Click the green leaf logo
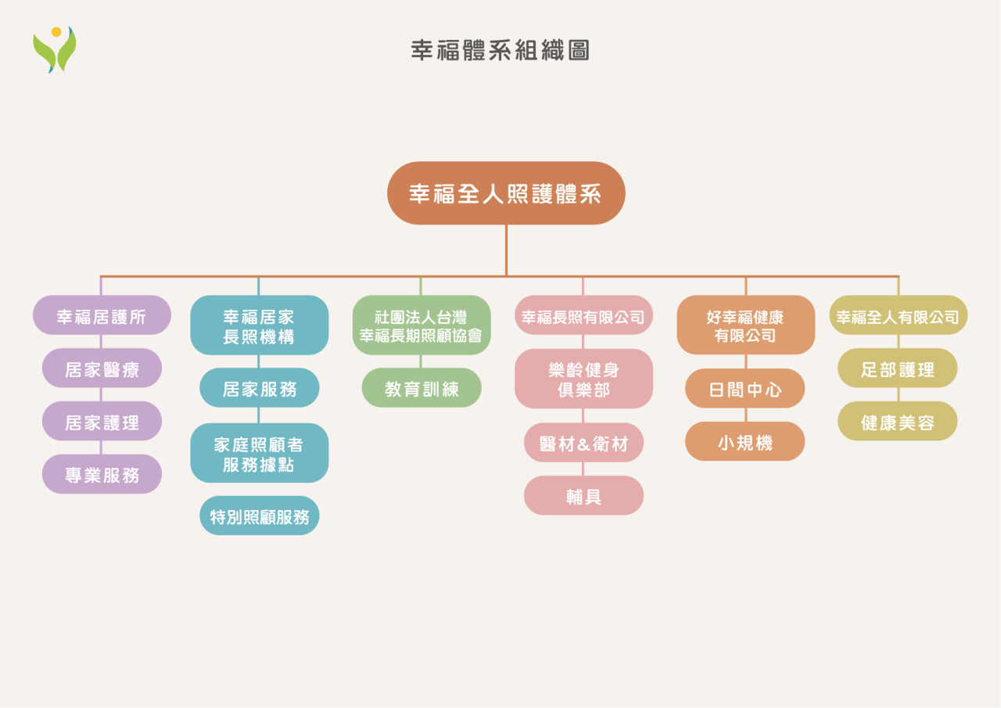54,50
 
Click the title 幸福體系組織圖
500,50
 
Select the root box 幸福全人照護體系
506,193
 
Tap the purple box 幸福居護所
102,315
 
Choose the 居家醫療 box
102,368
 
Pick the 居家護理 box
102,422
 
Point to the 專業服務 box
102,474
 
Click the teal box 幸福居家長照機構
259,325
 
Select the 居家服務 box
259,388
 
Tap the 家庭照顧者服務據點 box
259,453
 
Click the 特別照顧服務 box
259,516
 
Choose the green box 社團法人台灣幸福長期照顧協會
421,325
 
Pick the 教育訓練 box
421,388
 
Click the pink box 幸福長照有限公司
583,315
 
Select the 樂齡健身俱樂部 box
583,379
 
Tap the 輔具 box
583,496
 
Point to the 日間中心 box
745,389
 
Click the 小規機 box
745,442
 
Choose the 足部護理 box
897,368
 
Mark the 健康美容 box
897,422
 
